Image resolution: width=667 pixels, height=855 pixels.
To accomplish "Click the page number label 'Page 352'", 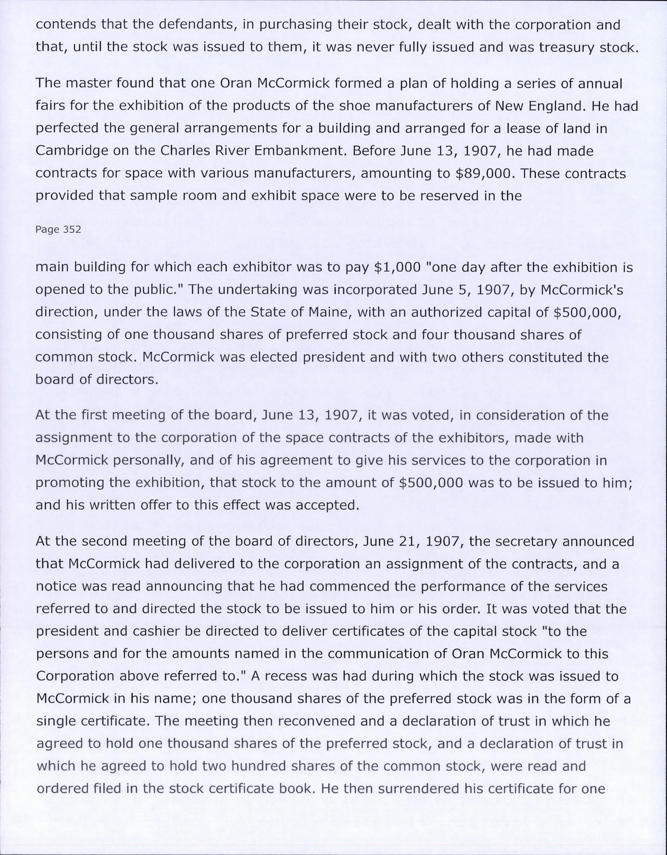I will pyautogui.click(x=58, y=229).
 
